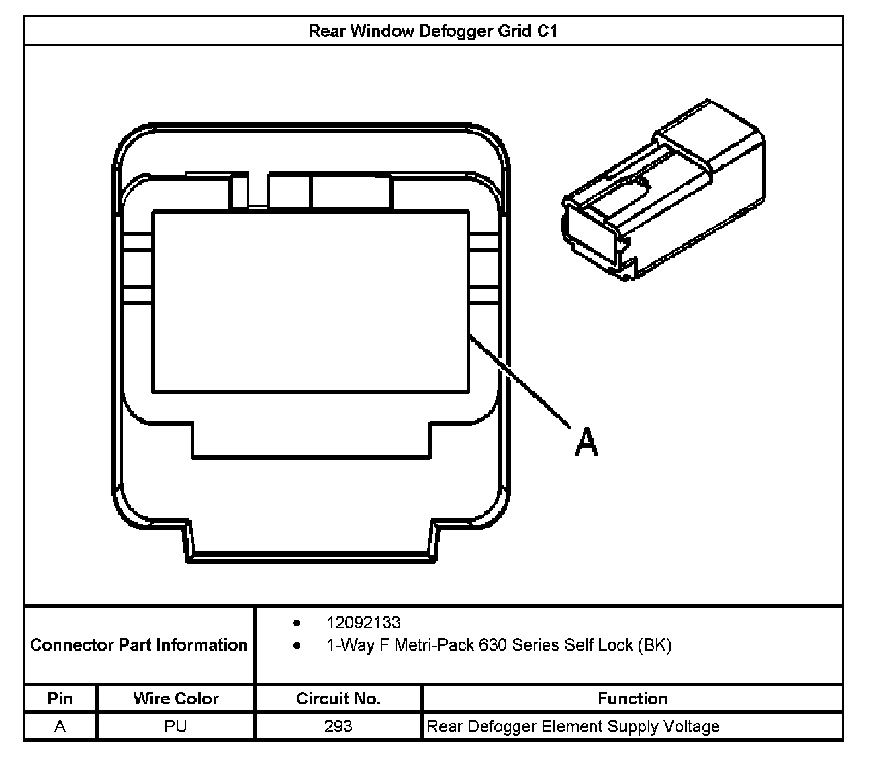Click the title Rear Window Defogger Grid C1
point(432,31)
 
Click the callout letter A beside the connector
point(586,443)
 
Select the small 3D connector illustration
point(662,191)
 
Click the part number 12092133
point(363,622)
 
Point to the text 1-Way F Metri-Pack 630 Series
point(450,645)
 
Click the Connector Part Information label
point(139,645)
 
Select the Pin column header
point(60,698)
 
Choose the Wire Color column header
point(176,698)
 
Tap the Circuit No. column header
point(338,698)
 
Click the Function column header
point(633,698)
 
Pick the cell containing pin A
point(60,726)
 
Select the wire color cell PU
point(176,726)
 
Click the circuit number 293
point(338,726)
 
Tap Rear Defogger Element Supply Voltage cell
point(573,726)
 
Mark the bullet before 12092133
point(297,623)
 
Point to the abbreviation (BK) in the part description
point(654,645)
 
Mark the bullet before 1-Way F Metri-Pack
point(297,646)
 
